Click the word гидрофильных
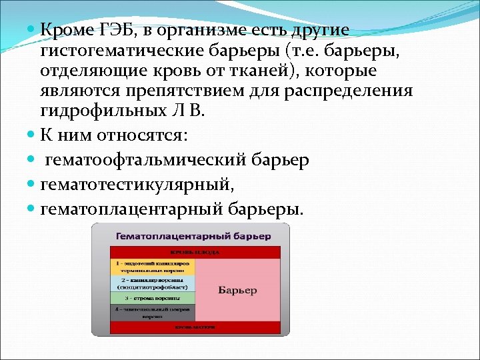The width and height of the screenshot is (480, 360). [101, 111]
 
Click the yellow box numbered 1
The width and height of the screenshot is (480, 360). [153, 267]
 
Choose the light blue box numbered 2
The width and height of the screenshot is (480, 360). [153, 283]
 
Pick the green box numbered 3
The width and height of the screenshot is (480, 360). [153, 298]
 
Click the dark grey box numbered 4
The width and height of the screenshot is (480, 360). [153, 313]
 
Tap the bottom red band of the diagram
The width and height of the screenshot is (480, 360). [195, 327]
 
